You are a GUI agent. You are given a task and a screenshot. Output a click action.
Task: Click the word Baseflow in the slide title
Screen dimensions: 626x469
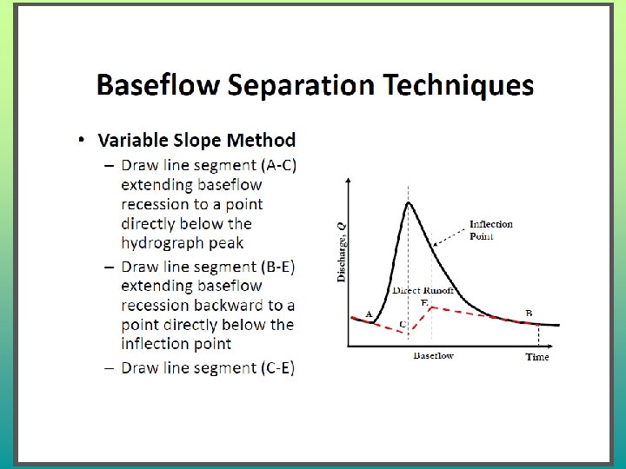click(158, 84)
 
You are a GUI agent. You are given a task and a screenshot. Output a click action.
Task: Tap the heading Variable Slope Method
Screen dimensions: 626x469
click(196, 140)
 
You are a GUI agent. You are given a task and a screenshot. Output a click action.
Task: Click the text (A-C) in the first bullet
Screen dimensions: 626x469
click(279, 165)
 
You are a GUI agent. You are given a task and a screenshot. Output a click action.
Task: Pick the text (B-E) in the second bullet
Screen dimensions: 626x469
click(278, 267)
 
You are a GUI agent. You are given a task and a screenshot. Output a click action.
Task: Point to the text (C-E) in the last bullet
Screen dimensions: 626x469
click(278, 367)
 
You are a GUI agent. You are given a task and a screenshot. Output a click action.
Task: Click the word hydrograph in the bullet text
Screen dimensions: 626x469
click(163, 243)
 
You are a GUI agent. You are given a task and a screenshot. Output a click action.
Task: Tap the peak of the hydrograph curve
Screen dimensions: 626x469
click(408, 202)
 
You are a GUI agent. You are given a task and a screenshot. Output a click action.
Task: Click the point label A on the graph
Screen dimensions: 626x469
click(369, 314)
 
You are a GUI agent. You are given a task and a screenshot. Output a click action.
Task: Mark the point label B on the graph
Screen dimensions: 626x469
click(529, 313)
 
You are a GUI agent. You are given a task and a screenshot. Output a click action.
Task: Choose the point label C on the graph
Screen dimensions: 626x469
click(403, 324)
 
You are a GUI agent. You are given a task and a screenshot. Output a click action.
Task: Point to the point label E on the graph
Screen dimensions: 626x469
click(424, 303)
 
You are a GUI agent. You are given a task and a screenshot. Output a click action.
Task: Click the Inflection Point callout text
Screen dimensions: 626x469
click(490, 230)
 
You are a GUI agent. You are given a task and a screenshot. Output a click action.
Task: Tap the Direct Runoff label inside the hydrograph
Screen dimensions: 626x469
click(423, 290)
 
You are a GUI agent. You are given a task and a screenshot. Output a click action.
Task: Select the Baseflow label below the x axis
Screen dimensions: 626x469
click(433, 355)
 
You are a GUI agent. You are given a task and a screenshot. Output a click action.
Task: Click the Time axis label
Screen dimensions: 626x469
click(537, 357)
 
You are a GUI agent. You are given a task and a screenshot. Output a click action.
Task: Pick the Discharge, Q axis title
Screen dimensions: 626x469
click(342, 253)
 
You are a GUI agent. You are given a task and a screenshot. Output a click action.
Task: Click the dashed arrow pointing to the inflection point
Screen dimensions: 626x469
click(450, 238)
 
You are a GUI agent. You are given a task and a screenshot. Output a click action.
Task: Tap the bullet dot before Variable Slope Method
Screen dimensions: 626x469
click(82, 140)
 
